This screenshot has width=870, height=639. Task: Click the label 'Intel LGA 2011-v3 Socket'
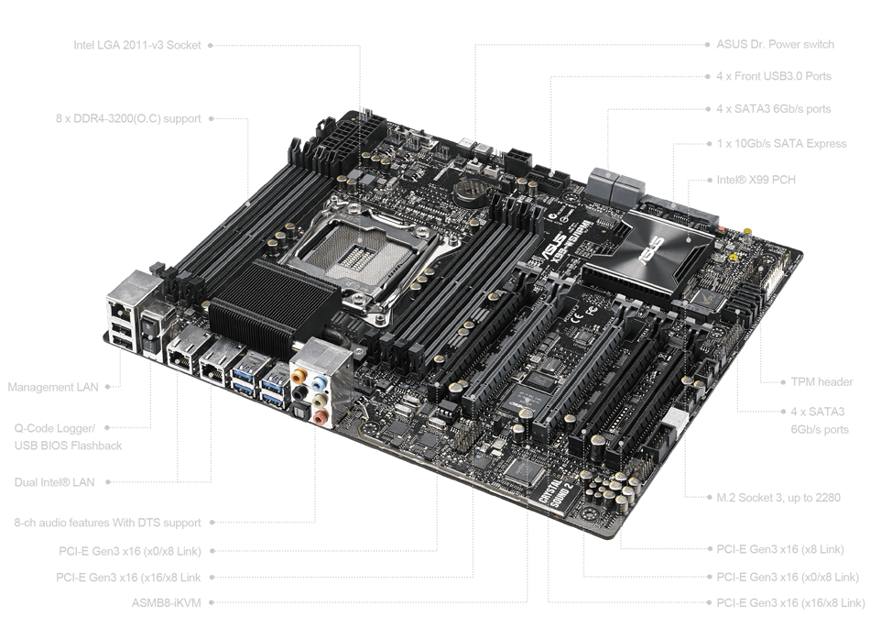point(137,45)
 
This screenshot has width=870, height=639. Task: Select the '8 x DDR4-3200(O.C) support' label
point(128,118)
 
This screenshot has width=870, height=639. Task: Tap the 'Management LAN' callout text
point(53,387)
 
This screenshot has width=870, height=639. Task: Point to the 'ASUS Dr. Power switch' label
point(775,44)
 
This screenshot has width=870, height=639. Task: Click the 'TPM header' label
point(821,381)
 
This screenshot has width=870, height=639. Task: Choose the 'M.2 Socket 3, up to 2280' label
point(778,497)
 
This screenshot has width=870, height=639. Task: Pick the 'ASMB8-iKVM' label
point(167,603)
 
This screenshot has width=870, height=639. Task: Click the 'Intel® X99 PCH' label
point(756,180)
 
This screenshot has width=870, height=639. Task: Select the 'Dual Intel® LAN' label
point(54,482)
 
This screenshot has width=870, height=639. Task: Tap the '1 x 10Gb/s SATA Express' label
point(781,143)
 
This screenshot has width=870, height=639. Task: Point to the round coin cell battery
point(470,191)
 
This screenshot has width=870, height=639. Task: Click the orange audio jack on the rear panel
point(298,377)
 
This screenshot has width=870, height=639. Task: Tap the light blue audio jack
point(319,383)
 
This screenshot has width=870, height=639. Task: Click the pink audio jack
point(320,417)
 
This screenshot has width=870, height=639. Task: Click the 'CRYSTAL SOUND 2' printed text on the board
point(556,493)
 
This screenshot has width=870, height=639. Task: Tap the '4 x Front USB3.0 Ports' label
point(774,76)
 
